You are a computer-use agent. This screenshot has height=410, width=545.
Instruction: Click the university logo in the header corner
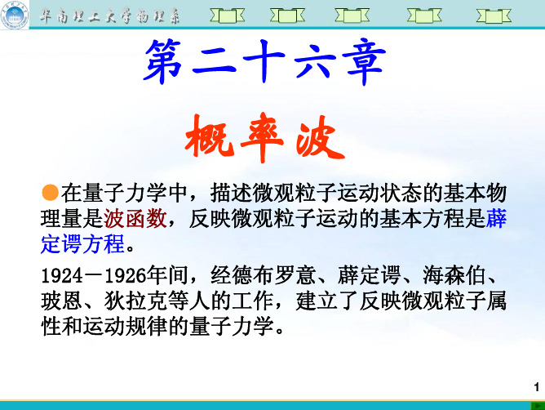click(x=15, y=15)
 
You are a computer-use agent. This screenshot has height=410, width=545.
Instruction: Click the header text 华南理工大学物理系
click(x=109, y=16)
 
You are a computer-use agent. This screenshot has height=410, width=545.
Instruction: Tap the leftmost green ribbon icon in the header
click(x=228, y=16)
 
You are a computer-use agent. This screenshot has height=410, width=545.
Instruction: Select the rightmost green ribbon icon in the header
click(x=494, y=16)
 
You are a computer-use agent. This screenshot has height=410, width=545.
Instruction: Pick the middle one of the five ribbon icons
click(x=352, y=16)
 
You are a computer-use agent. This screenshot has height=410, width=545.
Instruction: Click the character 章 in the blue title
click(x=364, y=62)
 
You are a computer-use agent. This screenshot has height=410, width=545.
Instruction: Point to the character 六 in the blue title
click(x=315, y=62)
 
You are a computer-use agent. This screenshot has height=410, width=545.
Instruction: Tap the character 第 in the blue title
click(x=164, y=62)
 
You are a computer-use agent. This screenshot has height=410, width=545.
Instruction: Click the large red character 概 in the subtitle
click(x=209, y=137)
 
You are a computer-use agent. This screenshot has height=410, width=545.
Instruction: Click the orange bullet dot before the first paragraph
click(x=50, y=193)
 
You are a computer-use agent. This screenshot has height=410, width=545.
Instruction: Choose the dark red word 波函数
click(x=135, y=219)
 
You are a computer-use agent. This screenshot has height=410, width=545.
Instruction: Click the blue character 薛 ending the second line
click(x=496, y=218)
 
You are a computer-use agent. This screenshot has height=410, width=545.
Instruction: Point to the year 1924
click(x=62, y=276)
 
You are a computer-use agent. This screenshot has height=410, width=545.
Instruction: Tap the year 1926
click(x=126, y=276)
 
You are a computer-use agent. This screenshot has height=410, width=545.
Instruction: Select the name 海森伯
click(x=454, y=276)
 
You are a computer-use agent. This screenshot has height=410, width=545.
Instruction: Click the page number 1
click(x=537, y=387)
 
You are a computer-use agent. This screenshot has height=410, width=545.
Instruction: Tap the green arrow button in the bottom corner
click(x=538, y=405)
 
